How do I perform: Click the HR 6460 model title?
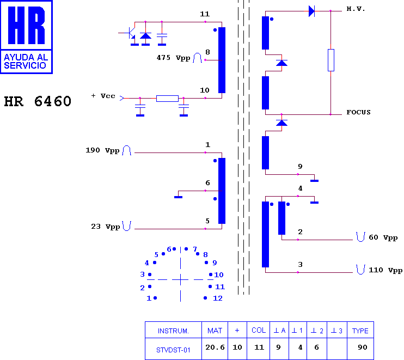coord(38,101)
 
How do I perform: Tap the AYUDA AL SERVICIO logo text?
coord(26,62)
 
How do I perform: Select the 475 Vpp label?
coord(173,58)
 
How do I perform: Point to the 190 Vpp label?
coord(102,150)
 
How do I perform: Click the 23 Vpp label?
coord(106,227)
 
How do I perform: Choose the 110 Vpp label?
coord(385,270)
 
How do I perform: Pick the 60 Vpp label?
coord(383,237)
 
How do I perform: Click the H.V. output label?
coord(356,9)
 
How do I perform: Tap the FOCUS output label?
coord(358,112)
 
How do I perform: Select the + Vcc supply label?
coord(103,96)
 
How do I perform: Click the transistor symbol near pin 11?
coord(130,34)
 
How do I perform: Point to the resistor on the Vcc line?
coord(167,99)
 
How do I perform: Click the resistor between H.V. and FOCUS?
coord(331,60)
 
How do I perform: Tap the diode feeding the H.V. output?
coord(312,11)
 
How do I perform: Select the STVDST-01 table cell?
coord(173,350)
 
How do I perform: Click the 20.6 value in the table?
coord(215,347)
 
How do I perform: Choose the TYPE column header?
coord(360,331)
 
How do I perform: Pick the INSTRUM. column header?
coord(173,331)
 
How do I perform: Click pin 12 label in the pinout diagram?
coord(218,298)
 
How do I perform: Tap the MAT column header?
coord(215,331)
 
